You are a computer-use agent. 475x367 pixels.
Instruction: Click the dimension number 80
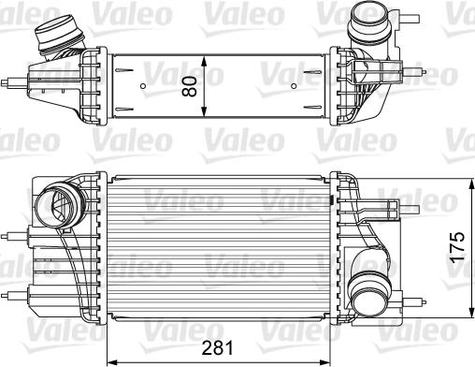[189, 86]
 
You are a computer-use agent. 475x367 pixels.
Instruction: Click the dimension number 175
[457, 246]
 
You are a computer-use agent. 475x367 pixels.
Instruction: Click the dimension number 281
[218, 347]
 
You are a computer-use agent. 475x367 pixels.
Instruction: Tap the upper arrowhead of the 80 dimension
[204, 62]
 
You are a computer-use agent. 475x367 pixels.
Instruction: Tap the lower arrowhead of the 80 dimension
[204, 111]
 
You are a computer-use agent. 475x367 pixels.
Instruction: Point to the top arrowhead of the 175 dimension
[469, 184]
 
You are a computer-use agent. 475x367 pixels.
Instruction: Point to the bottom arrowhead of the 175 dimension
[469, 313]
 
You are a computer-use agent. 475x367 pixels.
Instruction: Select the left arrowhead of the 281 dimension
[112, 363]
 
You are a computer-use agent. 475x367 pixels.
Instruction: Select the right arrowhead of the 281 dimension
[324, 363]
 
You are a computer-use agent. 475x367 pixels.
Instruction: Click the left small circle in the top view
[143, 86]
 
